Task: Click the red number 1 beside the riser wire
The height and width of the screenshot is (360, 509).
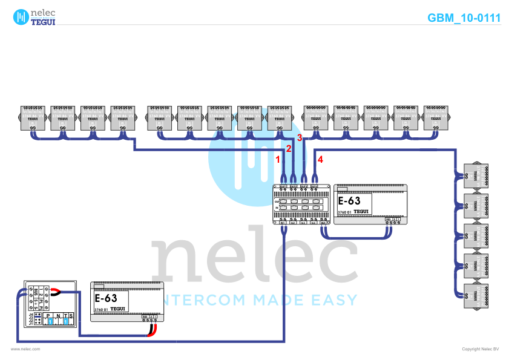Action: [278, 160]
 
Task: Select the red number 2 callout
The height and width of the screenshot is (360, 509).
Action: [289, 148]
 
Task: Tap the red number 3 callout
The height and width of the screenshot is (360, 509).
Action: [299, 138]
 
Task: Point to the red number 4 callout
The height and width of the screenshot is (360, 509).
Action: [321, 160]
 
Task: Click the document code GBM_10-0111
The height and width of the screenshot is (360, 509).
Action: [464, 18]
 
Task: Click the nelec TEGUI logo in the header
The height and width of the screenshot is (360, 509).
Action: [35, 17]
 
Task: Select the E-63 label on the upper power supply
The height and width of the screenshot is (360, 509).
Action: [349, 201]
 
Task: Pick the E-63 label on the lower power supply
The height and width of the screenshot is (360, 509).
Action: [106, 298]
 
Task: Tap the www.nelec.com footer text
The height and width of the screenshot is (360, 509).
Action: [25, 349]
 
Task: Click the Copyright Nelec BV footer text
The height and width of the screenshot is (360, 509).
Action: [480, 349]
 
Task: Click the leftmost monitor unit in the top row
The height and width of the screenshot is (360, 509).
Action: [33, 118]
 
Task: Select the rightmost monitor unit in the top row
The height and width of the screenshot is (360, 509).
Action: [435, 118]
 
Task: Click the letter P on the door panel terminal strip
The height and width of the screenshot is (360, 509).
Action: [48, 316]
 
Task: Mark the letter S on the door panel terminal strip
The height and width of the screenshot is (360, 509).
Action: [71, 316]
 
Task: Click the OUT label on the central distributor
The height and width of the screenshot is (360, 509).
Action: [277, 200]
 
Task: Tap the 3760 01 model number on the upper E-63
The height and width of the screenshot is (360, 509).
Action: [344, 212]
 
